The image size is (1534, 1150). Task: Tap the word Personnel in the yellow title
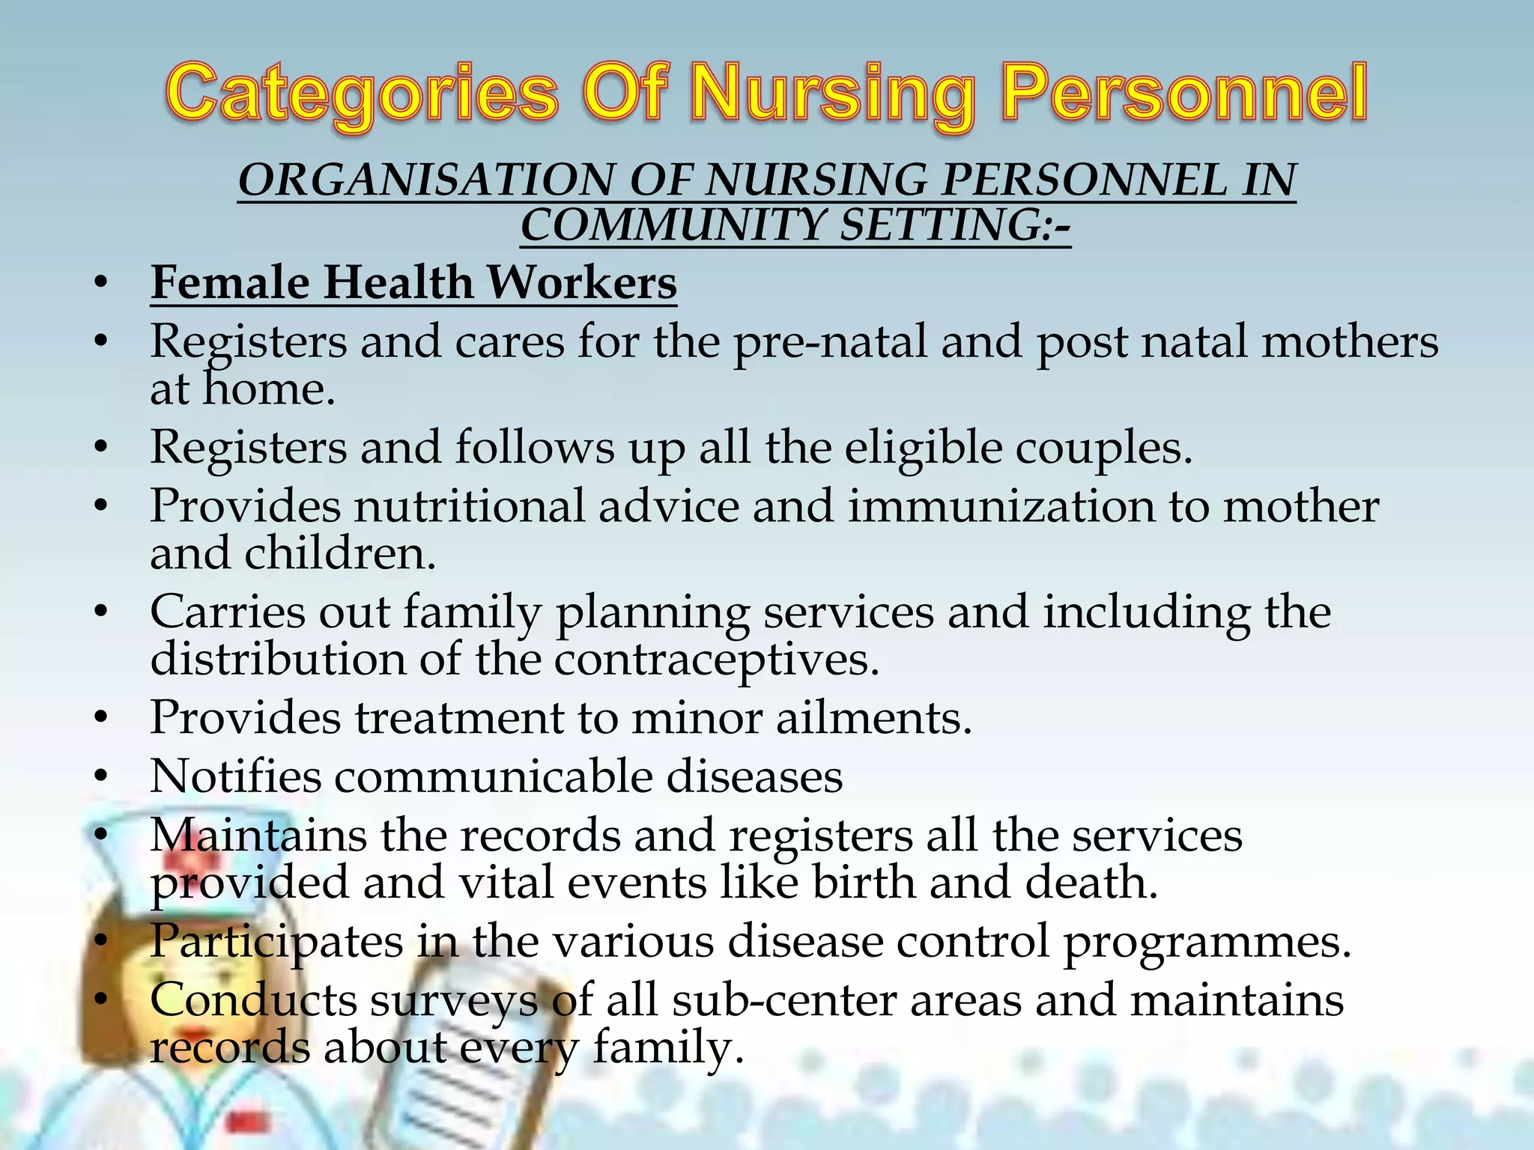point(1184,95)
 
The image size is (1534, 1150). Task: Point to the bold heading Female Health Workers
point(413,283)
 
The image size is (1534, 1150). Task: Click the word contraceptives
point(716,660)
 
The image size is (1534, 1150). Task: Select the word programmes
point(1207,941)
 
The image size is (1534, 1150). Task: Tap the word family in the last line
point(667,1047)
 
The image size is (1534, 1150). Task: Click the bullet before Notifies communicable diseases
point(102,776)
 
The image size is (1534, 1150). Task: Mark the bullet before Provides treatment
point(102,718)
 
